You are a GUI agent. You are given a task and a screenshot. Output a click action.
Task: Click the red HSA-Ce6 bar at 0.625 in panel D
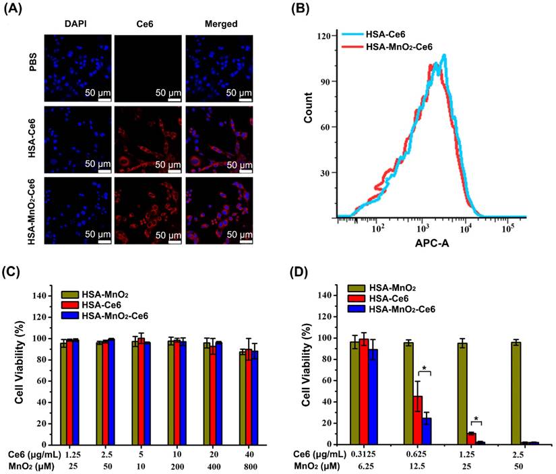pyautogui.click(x=418, y=420)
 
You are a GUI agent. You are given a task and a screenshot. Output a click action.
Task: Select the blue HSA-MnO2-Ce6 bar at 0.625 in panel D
pyautogui.click(x=427, y=431)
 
